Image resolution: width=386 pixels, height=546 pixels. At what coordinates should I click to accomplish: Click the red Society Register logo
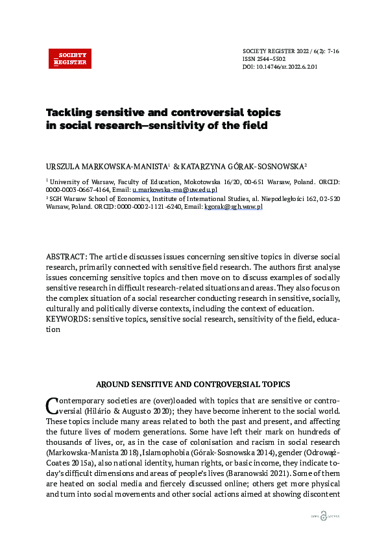[x=70, y=58]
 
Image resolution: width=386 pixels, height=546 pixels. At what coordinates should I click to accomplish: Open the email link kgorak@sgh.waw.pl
[x=234, y=206]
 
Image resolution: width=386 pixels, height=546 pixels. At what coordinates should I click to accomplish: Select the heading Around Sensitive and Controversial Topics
[x=193, y=385]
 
